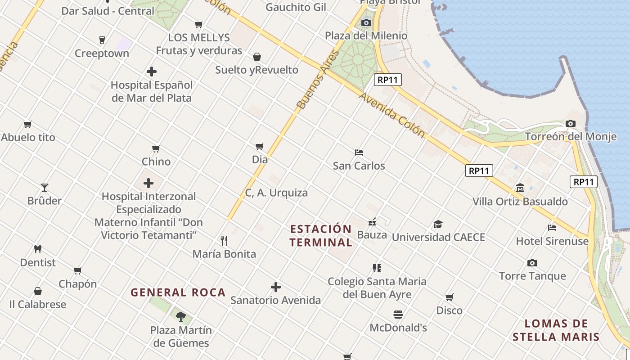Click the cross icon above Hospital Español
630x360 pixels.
pos(152,72)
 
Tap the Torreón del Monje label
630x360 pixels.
pos(571,136)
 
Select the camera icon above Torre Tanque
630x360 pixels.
pos(532,263)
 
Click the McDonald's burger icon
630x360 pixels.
pos(398,314)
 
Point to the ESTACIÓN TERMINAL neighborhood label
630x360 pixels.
pos(321,235)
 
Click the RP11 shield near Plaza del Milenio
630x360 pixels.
pos(387,80)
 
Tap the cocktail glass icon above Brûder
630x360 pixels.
pos(45,187)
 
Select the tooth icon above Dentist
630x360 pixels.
pos(38,249)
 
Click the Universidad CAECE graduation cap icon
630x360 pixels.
pos(438,224)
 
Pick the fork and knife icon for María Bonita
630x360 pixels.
pos(224,240)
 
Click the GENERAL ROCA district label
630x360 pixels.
pos(178,292)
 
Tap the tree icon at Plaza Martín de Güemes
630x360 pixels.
pos(181,316)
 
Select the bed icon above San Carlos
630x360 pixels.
pos(359,153)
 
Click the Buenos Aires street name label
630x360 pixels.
pos(317,80)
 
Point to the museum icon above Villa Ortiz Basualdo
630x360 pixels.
pos(520,188)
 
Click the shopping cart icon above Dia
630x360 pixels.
pos(260,146)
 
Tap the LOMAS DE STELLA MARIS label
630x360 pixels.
pos(556,330)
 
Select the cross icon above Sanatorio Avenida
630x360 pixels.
pos(276,287)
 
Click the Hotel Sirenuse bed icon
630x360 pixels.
pos(552,227)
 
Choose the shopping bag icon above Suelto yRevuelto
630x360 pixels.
pos(257,57)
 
